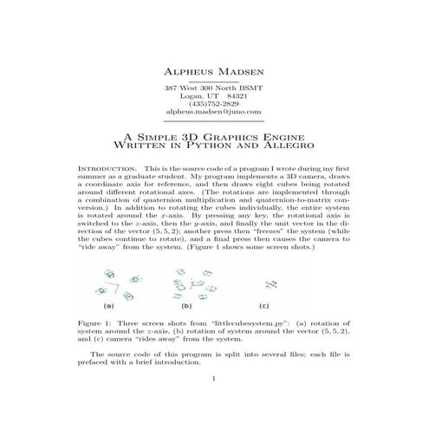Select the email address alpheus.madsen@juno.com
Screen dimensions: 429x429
(213, 113)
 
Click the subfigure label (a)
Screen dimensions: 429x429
(110, 306)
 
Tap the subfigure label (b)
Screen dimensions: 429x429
(186, 306)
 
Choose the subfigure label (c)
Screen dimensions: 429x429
(264, 306)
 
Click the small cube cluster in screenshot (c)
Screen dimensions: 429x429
(273, 283)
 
